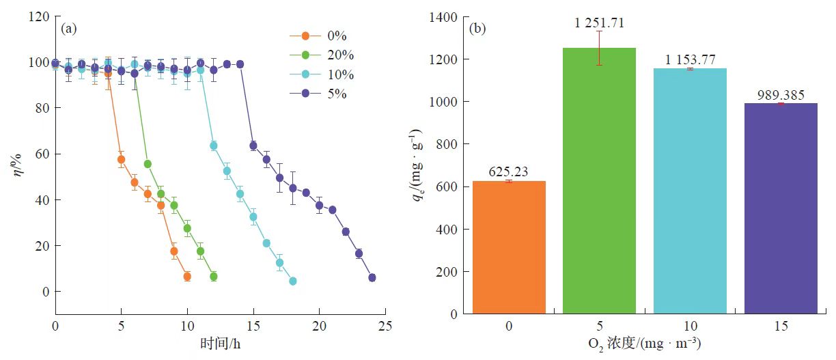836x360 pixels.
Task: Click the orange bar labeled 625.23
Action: point(509,247)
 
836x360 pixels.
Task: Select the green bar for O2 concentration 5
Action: point(599,181)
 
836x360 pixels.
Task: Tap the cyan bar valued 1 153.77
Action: point(690,191)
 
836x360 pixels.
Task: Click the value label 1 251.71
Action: point(599,22)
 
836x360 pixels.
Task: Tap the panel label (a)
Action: point(69,29)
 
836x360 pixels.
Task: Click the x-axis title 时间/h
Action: point(219,344)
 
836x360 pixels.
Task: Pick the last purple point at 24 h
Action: point(372,277)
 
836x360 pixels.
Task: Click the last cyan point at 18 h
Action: point(292,281)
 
